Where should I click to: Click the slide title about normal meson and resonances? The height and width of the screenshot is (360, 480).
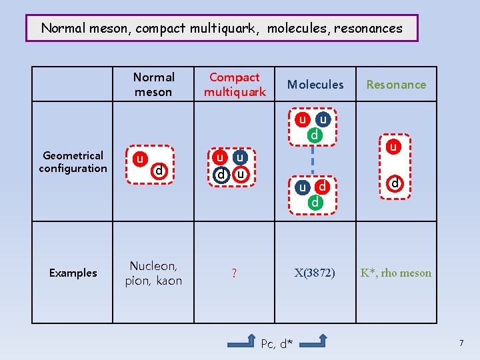[x=222, y=29]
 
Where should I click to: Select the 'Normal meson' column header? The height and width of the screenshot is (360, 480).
[x=153, y=85]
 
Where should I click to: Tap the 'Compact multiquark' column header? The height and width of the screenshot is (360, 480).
[x=235, y=85]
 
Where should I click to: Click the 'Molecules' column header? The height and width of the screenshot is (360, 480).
[x=315, y=85]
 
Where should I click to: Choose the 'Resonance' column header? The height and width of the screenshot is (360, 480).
[x=396, y=85]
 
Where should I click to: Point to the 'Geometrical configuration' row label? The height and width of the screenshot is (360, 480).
[x=73, y=162]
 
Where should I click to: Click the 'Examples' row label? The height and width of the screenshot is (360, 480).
[x=73, y=273]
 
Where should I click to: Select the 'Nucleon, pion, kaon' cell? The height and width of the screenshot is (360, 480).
[x=153, y=273]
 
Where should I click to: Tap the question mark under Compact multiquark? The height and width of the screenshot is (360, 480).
[x=234, y=273]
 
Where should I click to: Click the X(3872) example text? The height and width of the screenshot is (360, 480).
[x=315, y=273]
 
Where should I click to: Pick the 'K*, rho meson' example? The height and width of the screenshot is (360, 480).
[x=396, y=273]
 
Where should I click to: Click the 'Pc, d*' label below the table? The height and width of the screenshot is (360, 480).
[x=277, y=344]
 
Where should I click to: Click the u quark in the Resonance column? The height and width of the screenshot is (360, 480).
[x=394, y=146]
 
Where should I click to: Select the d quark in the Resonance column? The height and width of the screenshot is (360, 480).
[x=394, y=182]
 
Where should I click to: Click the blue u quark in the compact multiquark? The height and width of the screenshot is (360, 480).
[x=241, y=158]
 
